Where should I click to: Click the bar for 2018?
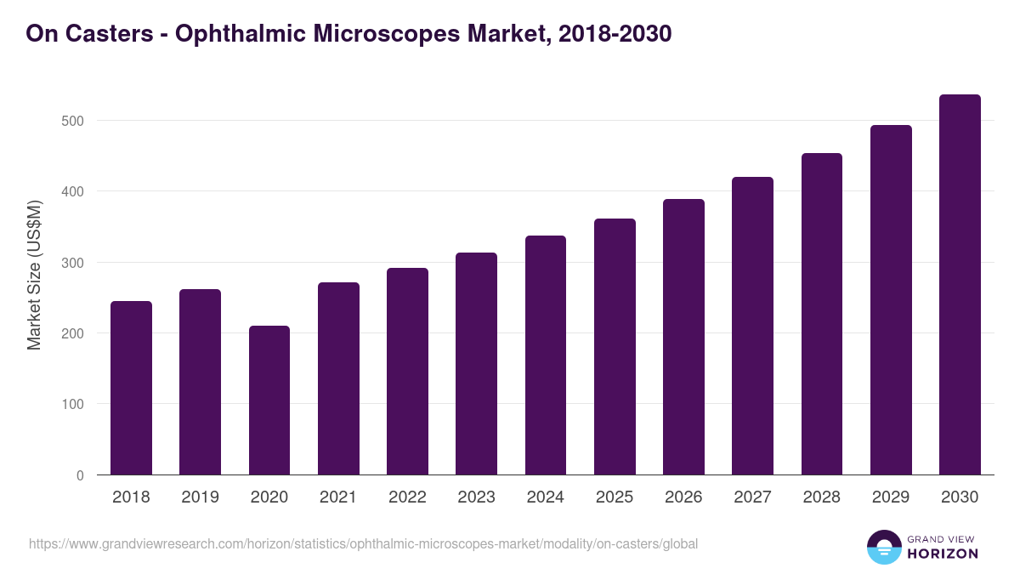click(x=131, y=388)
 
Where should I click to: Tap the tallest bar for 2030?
click(x=960, y=285)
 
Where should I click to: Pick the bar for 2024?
click(x=546, y=355)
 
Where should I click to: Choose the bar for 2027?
click(x=752, y=326)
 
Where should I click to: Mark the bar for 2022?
click(x=407, y=372)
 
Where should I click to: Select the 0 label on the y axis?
click(x=80, y=475)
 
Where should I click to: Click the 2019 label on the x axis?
click(x=200, y=497)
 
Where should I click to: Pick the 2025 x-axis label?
click(x=615, y=497)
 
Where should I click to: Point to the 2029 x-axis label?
click(x=891, y=497)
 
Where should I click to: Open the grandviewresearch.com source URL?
click(x=363, y=543)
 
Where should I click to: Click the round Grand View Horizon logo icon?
click(x=883, y=547)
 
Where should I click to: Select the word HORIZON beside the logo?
click(x=943, y=554)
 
